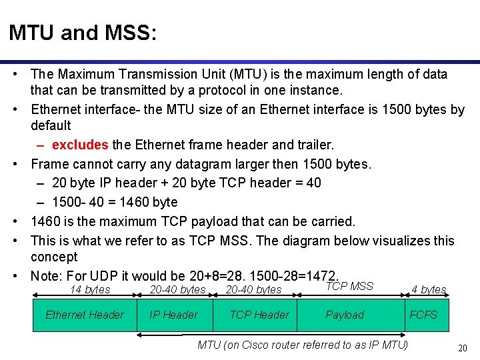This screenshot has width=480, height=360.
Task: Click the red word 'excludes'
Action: point(80,145)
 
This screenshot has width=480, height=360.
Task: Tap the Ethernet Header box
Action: point(85,315)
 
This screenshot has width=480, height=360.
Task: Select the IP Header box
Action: point(173,315)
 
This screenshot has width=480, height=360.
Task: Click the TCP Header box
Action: point(259,315)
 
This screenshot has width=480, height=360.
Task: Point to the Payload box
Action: point(345,315)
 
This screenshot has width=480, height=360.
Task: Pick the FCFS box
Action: point(423,315)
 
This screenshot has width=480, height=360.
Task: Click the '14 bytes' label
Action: point(90,289)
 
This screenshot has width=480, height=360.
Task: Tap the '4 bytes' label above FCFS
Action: point(429,289)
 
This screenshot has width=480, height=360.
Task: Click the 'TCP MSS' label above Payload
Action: point(349,286)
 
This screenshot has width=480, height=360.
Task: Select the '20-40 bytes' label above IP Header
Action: point(177,289)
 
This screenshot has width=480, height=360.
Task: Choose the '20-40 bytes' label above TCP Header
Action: point(253,289)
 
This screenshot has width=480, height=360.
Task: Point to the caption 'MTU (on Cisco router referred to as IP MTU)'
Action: point(303,345)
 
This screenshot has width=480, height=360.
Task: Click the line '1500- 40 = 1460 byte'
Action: point(115,202)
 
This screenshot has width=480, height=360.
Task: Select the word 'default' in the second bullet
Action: point(51,125)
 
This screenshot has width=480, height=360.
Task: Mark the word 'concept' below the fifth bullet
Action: point(54,257)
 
